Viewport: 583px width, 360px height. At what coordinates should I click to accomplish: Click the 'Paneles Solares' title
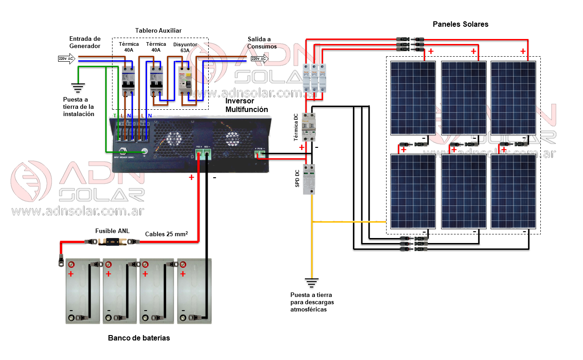pyautogui.click(x=461, y=24)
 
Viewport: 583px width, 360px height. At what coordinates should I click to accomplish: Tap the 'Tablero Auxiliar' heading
pyautogui.click(x=158, y=30)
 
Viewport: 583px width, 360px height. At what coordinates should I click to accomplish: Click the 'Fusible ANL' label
pyautogui.click(x=112, y=231)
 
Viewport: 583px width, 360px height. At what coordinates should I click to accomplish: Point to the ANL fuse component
pyautogui.click(x=113, y=242)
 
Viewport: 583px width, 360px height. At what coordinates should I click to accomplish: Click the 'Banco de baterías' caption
pyautogui.click(x=139, y=338)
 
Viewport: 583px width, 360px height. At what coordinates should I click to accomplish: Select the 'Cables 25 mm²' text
pyautogui.click(x=166, y=234)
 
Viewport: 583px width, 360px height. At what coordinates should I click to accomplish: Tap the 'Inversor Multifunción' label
pyautogui.click(x=247, y=105)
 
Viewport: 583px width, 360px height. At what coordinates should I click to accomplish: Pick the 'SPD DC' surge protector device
pyautogui.click(x=309, y=179)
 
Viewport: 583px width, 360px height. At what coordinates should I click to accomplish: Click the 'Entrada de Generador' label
pyautogui.click(x=85, y=42)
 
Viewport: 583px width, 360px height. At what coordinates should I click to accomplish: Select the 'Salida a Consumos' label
pyautogui.click(x=262, y=43)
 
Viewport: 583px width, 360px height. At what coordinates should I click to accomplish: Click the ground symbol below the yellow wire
pyautogui.click(x=312, y=283)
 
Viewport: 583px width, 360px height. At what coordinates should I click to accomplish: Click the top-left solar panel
pyautogui.click(x=412, y=98)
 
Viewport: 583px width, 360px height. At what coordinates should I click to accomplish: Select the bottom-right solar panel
pyautogui.click(x=515, y=192)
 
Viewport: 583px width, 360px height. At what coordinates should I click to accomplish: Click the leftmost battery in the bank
pyautogui.click(x=83, y=291)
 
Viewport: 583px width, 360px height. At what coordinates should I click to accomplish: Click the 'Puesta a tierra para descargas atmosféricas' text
pyautogui.click(x=312, y=302)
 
